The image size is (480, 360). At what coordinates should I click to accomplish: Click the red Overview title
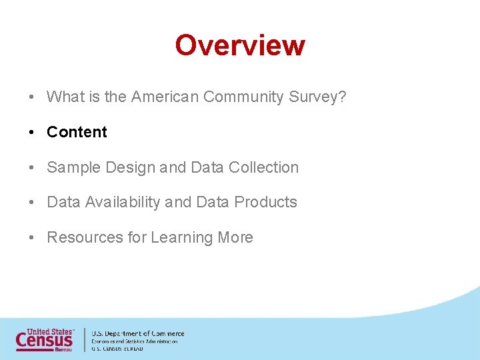[240, 45]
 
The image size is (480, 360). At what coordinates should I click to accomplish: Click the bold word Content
[77, 132]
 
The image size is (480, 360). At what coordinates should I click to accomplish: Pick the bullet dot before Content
[32, 132]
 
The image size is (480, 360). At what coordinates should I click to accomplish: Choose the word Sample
[73, 167]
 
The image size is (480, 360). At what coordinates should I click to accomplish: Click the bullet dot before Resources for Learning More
[32, 237]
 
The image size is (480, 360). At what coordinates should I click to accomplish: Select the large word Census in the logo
[44, 340]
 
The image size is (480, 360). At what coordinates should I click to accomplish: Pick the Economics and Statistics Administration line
[135, 341]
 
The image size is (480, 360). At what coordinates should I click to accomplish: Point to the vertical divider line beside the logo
[85, 339]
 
